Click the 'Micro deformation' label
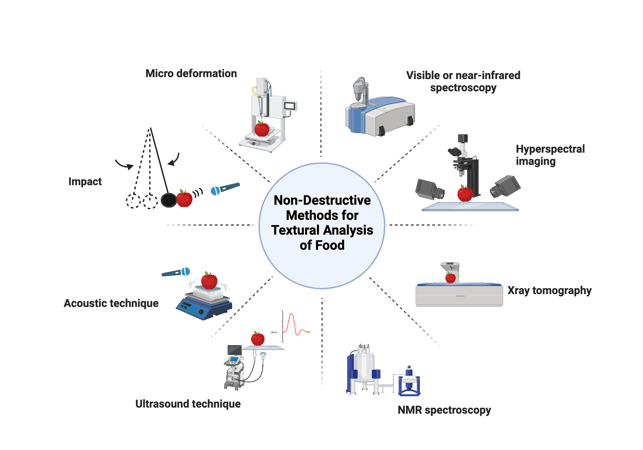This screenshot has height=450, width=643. pos(191,74)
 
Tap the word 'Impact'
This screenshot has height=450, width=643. pos(85,182)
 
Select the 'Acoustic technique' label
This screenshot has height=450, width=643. pos(111,303)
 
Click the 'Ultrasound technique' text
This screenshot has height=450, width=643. pos(188,404)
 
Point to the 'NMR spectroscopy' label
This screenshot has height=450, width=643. pos(444,410)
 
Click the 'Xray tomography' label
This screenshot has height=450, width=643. pos(549,290)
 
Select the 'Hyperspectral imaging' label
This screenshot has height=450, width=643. pos(550,155)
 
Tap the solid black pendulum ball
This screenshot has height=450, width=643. pos(168,200)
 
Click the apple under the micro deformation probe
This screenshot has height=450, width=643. pos(262,129)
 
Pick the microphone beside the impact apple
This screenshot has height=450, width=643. pos(225,188)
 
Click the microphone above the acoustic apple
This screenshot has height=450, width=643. pos(176,272)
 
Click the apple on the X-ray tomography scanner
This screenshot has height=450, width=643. pos(450,278)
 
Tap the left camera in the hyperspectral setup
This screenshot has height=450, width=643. pos(429,190)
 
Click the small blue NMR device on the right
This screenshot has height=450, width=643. pos(409,382)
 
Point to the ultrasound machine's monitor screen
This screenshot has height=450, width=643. pos(234,350)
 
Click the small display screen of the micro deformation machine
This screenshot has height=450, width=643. pos(290,106)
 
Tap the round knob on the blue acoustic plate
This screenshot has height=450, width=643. pos(201,311)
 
